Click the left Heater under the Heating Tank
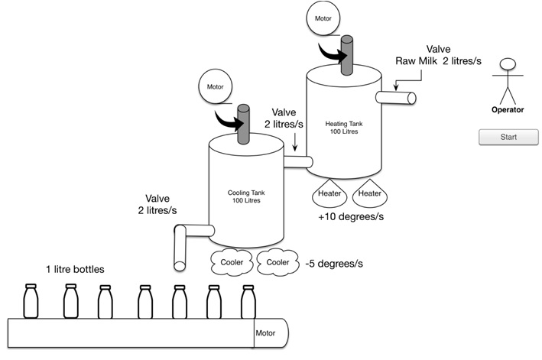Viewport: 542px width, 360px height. [x=331, y=194]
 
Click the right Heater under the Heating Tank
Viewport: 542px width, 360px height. [x=370, y=194]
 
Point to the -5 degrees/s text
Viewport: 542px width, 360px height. [x=334, y=262]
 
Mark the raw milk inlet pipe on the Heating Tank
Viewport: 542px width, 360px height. [x=398, y=97]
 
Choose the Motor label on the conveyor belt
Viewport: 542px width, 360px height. [x=265, y=333]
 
